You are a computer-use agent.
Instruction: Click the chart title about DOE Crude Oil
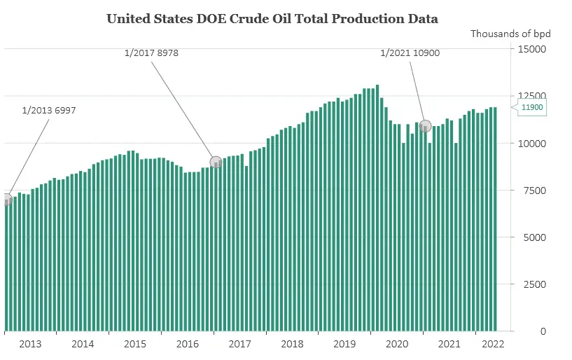(272, 19)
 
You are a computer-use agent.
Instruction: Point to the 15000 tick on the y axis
(531, 49)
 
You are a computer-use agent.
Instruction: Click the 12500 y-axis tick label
(531, 96)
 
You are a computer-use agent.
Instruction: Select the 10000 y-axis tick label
(531, 144)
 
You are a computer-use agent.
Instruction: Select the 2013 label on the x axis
(30, 344)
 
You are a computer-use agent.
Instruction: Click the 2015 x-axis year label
(135, 344)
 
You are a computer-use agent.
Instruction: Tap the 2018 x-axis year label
(292, 344)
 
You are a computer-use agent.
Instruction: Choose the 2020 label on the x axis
(397, 344)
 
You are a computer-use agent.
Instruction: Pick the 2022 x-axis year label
(493, 344)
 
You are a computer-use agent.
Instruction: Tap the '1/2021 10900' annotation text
(410, 53)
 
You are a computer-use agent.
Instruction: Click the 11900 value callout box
(531, 107)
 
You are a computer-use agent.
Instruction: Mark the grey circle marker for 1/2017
(216, 162)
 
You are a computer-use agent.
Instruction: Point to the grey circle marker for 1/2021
(425, 126)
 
